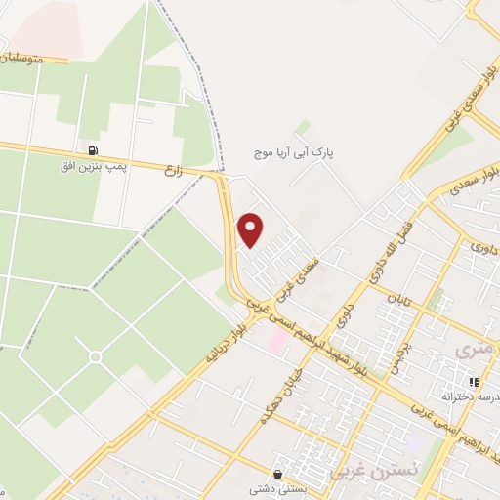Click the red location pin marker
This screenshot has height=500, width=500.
pyautogui.click(x=252, y=229)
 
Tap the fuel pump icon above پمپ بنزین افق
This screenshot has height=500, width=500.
pyautogui.click(x=94, y=151)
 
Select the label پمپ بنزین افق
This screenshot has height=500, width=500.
pyautogui.click(x=94, y=166)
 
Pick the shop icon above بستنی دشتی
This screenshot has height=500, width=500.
pyautogui.click(x=280, y=476)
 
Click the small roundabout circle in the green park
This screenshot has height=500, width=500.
pyautogui.click(x=95, y=357)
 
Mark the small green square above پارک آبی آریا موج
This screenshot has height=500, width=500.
pyautogui.click(x=303, y=128)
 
